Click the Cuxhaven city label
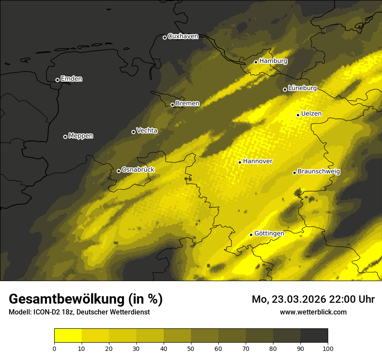pyautogui.click(x=183, y=36)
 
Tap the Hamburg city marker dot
pyautogui.click(x=256, y=62)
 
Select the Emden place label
pyautogui.click(x=72, y=79)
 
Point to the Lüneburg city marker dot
pyautogui.click(x=285, y=89)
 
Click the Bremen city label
pyautogui.click(x=188, y=104)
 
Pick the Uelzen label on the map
pyautogui.click(x=311, y=114)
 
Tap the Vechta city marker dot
pyautogui.click(x=133, y=132)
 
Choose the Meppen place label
pyautogui.click(x=81, y=136)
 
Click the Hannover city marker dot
pyautogui.click(x=240, y=162)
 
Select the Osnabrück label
pyautogui.click(x=138, y=170)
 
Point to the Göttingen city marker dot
pyautogui.click(x=251, y=235)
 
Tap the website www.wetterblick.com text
pyautogui.click(x=313, y=312)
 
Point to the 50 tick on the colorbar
pyautogui.click(x=191, y=348)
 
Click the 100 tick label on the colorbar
pyautogui.click(x=328, y=348)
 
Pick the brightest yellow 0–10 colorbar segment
pyautogui.click(x=68, y=335)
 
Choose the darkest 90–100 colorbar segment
pyautogui.click(x=314, y=335)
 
